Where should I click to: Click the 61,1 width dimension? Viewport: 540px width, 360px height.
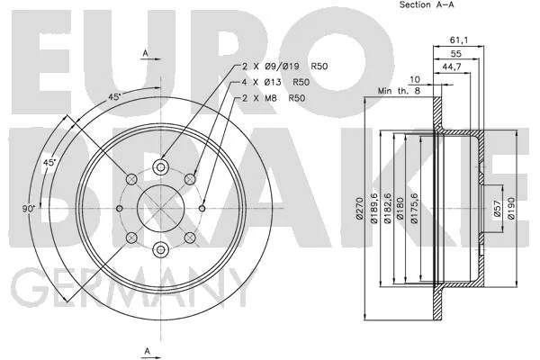tap(459, 40)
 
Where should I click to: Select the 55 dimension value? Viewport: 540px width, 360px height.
tap(455, 54)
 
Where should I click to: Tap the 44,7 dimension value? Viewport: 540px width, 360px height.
tap(452, 67)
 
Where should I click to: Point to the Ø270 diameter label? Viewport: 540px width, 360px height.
tap(359, 209)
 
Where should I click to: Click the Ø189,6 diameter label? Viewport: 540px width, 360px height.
tap(373, 208)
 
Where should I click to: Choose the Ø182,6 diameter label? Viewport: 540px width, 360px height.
tap(387, 208)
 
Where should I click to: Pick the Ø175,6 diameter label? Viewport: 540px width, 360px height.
tap(414, 208)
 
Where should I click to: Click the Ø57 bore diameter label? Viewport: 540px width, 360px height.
tap(497, 209)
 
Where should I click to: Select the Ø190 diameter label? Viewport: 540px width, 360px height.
tap(511, 208)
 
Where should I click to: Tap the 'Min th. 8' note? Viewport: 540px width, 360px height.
tap(399, 91)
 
